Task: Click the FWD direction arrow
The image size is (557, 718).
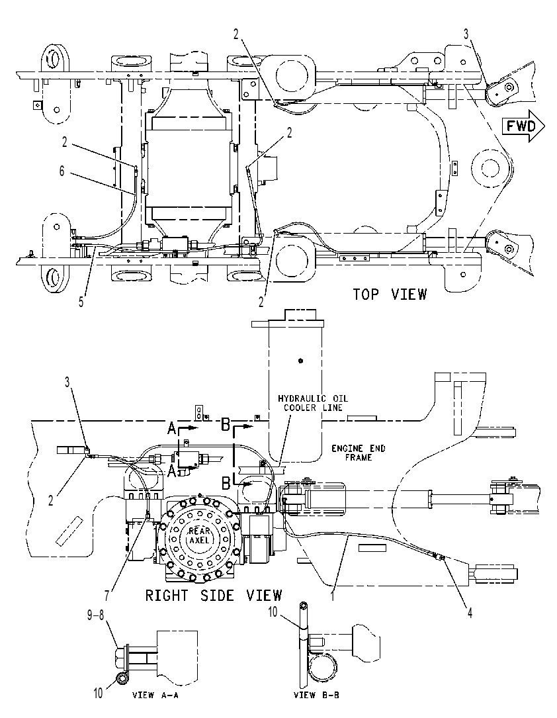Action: (524, 126)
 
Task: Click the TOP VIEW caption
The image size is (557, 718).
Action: (390, 294)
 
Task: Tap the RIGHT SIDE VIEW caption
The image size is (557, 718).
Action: (214, 596)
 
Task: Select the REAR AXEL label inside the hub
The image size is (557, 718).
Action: (198, 536)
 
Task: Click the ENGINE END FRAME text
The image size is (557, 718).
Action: (359, 453)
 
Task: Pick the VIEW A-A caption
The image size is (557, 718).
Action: (155, 695)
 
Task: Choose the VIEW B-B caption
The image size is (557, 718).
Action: (316, 695)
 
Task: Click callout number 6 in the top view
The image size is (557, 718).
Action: (62, 171)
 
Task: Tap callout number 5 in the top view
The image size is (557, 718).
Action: (81, 302)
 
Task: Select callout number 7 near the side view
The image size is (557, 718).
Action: (107, 596)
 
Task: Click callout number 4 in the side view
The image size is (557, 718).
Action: (470, 612)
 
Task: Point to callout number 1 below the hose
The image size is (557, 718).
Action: (333, 596)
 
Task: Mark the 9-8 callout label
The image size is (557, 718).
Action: (97, 615)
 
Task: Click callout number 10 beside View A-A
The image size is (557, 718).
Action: (99, 694)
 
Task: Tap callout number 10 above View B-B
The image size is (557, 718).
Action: (273, 611)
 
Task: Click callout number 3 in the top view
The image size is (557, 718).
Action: (466, 34)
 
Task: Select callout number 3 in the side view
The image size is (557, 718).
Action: (67, 382)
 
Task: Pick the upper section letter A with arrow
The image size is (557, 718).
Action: (182, 427)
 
